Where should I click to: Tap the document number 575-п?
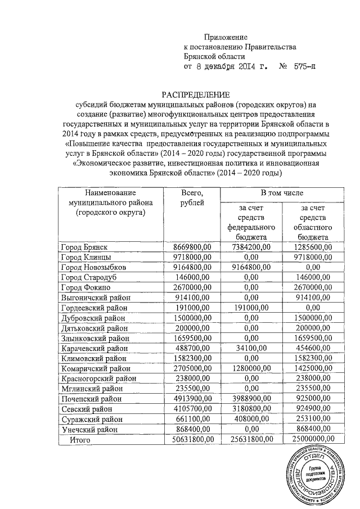click(301, 67)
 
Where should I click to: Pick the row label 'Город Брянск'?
click(84, 247)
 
